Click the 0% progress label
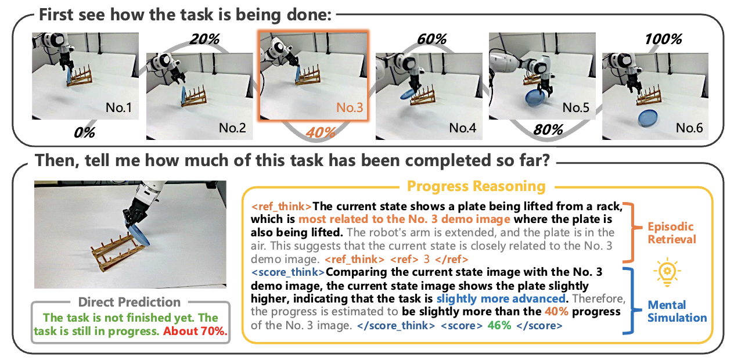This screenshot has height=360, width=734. point(85,132)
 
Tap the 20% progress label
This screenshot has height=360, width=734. point(204,39)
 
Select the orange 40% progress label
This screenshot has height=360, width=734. point(321,132)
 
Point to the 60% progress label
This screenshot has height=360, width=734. point(432,39)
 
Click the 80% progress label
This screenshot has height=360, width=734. point(548,130)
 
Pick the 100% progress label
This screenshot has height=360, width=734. point(663,39)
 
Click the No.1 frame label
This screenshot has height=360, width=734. point(118,107)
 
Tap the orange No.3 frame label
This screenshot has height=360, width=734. point(350,107)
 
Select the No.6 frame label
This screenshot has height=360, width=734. point(689,128)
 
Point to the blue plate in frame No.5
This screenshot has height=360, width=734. point(535,98)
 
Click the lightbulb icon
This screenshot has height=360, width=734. point(667,272)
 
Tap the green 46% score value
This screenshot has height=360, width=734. point(499,325)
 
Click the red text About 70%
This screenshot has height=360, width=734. point(195,331)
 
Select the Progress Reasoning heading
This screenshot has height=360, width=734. point(476,186)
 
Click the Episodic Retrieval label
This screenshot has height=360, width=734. point(672,233)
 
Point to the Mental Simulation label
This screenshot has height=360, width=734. point(677,311)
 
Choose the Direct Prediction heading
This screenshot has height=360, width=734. point(129,302)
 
